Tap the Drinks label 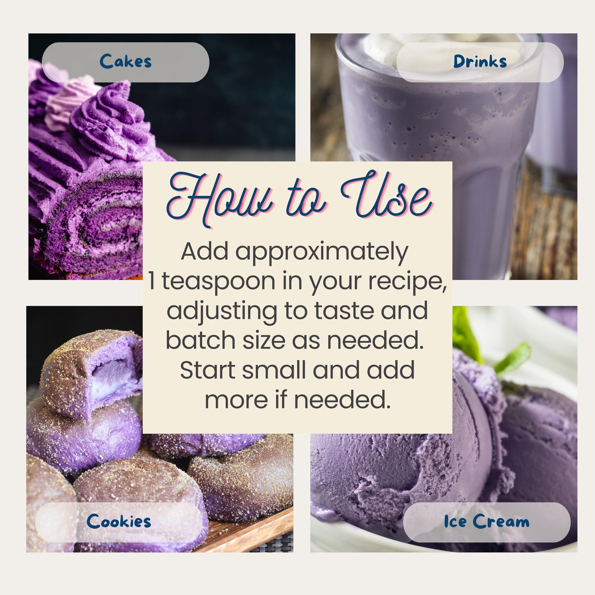click(x=479, y=62)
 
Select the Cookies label click(x=119, y=521)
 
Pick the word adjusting click(x=222, y=311)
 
